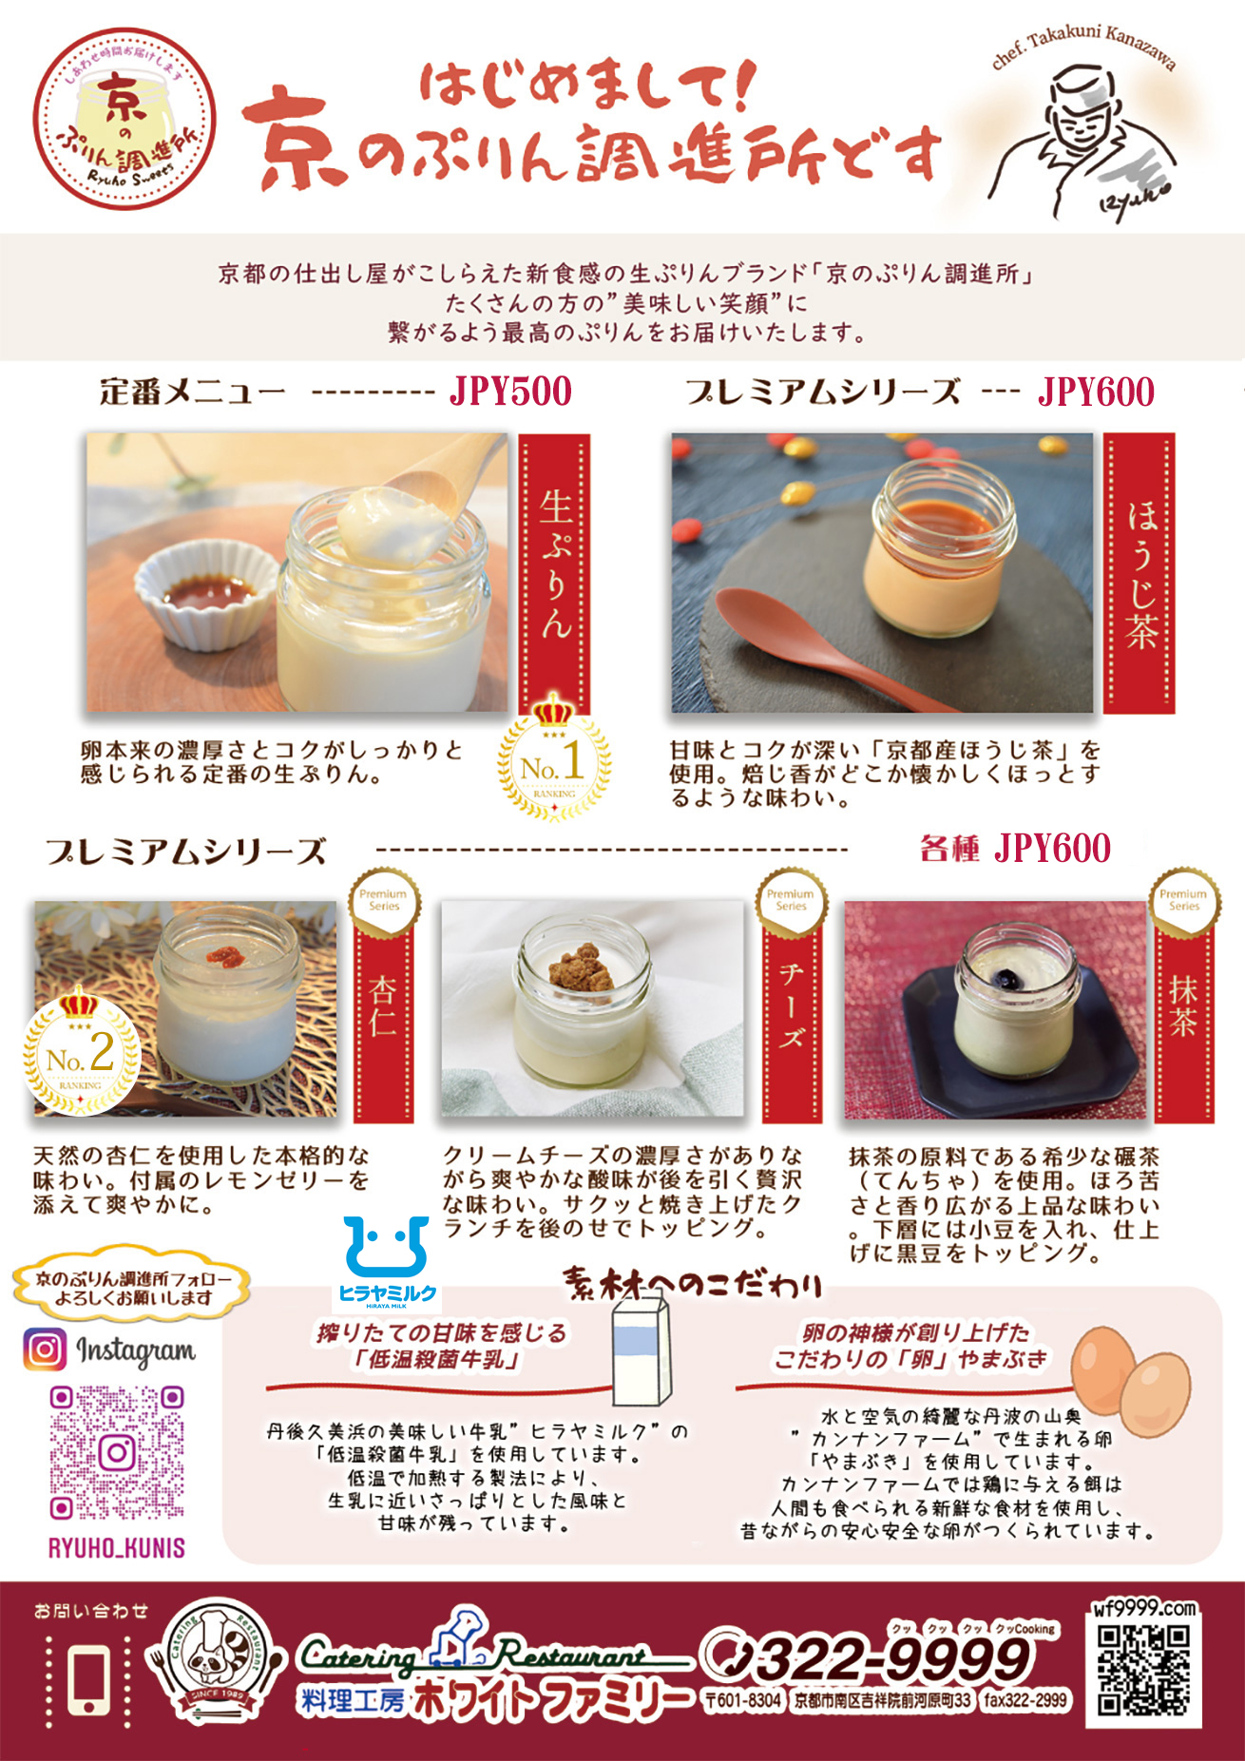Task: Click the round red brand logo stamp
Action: pyautogui.click(x=124, y=119)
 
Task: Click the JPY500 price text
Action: pyautogui.click(x=510, y=392)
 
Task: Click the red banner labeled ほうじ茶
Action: pyautogui.click(x=1140, y=573)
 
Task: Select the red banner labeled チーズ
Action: pyautogui.click(x=791, y=1017)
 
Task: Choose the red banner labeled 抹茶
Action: pyautogui.click(x=1183, y=1017)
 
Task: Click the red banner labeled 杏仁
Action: pyautogui.click(x=383, y=1017)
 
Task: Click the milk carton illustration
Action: pyautogui.click(x=642, y=1349)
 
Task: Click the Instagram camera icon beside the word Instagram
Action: pyautogui.click(x=45, y=1349)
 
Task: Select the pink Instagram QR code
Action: pyautogui.click(x=117, y=1452)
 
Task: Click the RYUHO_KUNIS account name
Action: pyautogui.click(x=117, y=1548)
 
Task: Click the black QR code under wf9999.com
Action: pyautogui.click(x=1142, y=1669)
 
